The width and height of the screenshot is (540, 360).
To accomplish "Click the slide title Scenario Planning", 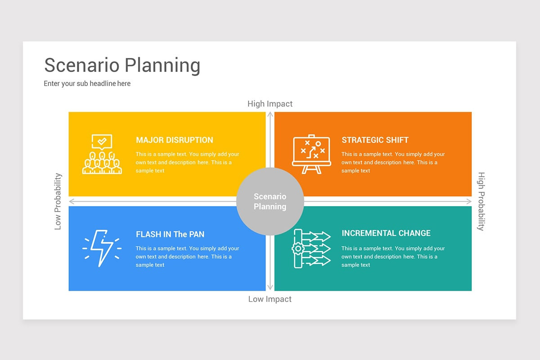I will pyautogui.click(x=122, y=65).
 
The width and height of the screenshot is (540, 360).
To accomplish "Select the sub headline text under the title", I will pyautogui.click(x=87, y=83).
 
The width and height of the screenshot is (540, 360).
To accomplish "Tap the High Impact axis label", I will pyautogui.click(x=270, y=104).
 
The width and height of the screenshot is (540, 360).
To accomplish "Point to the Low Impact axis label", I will pyautogui.click(x=270, y=299).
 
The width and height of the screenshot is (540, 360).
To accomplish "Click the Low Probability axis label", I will pyautogui.click(x=58, y=201).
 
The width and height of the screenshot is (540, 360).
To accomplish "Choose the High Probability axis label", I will pyautogui.click(x=481, y=201).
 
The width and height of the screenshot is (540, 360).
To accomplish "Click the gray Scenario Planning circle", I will pyautogui.click(x=270, y=202).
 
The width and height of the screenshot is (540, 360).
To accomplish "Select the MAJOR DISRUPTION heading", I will pyautogui.click(x=175, y=140).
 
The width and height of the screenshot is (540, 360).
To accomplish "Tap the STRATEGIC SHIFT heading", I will pyautogui.click(x=375, y=140).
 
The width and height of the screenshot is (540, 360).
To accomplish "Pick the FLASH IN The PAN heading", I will pyautogui.click(x=170, y=234).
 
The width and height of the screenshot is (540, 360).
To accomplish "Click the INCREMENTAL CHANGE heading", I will pyautogui.click(x=386, y=233).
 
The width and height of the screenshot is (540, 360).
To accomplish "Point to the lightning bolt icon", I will pyautogui.click(x=102, y=248).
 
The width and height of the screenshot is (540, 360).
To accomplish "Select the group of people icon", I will pyautogui.click(x=102, y=163).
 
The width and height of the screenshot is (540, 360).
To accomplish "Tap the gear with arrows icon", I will pyautogui.click(x=312, y=248).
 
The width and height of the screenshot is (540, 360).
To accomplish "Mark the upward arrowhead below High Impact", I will pyautogui.click(x=270, y=115).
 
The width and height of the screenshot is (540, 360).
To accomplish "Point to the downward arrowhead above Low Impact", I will pyautogui.click(x=270, y=288).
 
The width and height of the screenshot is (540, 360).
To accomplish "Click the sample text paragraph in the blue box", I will pyautogui.click(x=187, y=256).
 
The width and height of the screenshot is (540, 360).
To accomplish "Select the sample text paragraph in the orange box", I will pyautogui.click(x=393, y=162).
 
